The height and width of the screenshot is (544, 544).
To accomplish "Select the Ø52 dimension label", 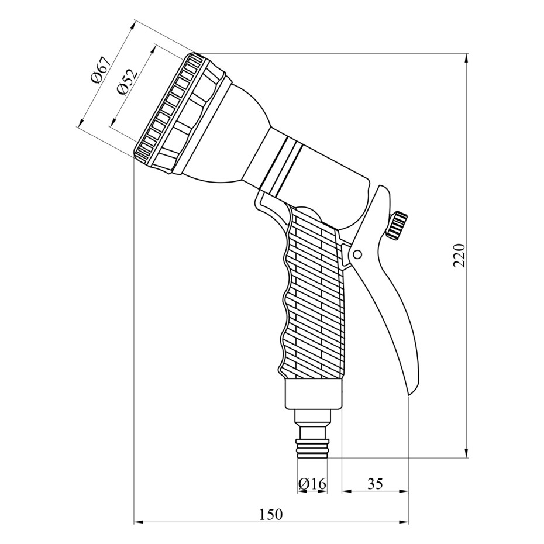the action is point(128,82).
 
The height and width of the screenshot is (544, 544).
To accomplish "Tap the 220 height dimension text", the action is point(459,256).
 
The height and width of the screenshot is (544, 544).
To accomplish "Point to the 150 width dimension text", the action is point(271,515).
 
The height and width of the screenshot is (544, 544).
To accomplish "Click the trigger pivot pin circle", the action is point(357,254).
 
